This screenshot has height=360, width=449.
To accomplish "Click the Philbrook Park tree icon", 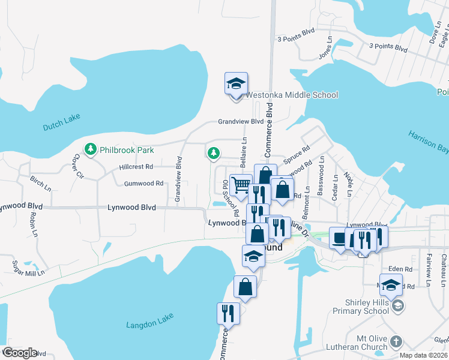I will coord(91,148).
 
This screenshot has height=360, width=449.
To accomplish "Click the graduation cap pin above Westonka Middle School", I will coord(237,84).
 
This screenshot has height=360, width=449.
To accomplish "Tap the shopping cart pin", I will coord(241,185).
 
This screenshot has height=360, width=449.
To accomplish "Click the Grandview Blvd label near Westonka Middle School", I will coord(241,121).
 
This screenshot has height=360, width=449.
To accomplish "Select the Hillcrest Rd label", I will coord(136,167).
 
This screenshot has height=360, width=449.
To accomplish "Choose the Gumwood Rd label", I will coord(143,184).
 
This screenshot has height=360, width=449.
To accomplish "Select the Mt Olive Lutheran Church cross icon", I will coord(396,341).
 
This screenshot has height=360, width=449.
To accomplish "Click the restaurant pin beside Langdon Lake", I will coord(228,314).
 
